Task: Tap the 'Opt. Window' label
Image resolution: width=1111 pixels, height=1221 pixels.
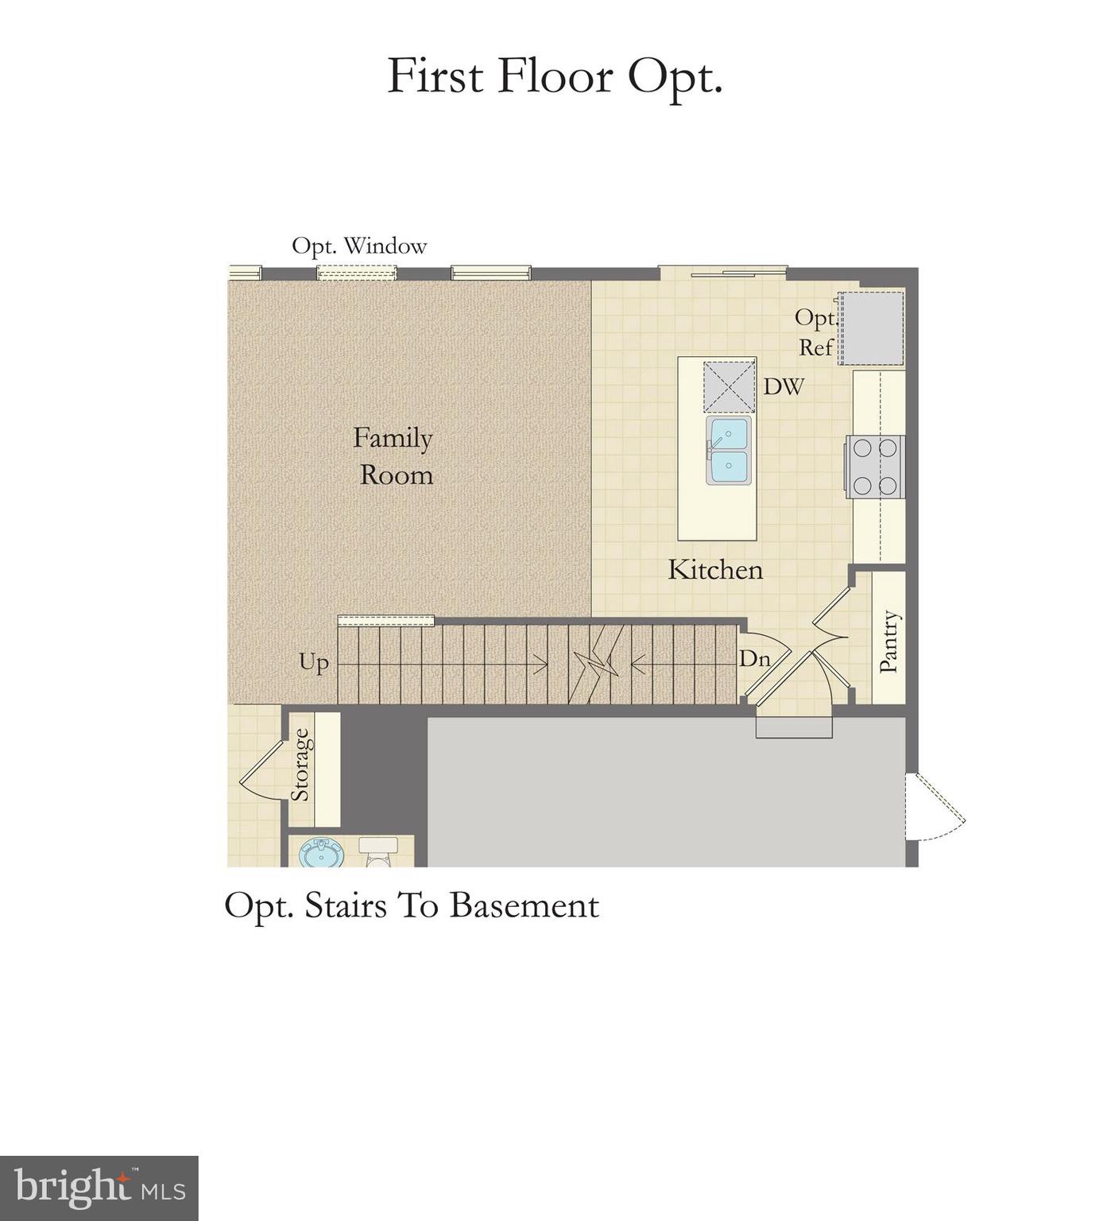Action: point(359,246)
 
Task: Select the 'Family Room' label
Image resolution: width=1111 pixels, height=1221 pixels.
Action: point(394,456)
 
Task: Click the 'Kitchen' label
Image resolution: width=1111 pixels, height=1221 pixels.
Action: point(715,570)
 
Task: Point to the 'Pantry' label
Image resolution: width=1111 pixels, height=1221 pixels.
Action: point(889,642)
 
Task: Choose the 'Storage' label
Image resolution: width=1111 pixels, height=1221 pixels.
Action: point(300,765)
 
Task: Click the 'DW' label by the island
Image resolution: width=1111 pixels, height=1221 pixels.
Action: point(784,387)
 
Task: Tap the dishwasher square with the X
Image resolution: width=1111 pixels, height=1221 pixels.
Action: point(729,387)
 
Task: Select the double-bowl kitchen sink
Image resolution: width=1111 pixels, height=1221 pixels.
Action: point(729,450)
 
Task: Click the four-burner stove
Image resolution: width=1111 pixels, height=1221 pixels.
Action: point(875,467)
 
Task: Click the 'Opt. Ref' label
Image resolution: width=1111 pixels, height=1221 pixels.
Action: point(815,332)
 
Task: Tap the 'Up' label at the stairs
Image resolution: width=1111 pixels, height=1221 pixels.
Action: point(314,662)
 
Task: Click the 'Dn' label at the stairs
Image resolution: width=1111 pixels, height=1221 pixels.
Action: point(754,659)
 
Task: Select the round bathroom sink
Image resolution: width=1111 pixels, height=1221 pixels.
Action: point(321,855)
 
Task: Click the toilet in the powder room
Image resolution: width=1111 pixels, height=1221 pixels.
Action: point(378,852)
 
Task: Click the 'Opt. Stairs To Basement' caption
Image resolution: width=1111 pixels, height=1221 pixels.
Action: point(412,906)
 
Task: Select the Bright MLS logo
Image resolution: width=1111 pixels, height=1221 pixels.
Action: point(99,1188)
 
